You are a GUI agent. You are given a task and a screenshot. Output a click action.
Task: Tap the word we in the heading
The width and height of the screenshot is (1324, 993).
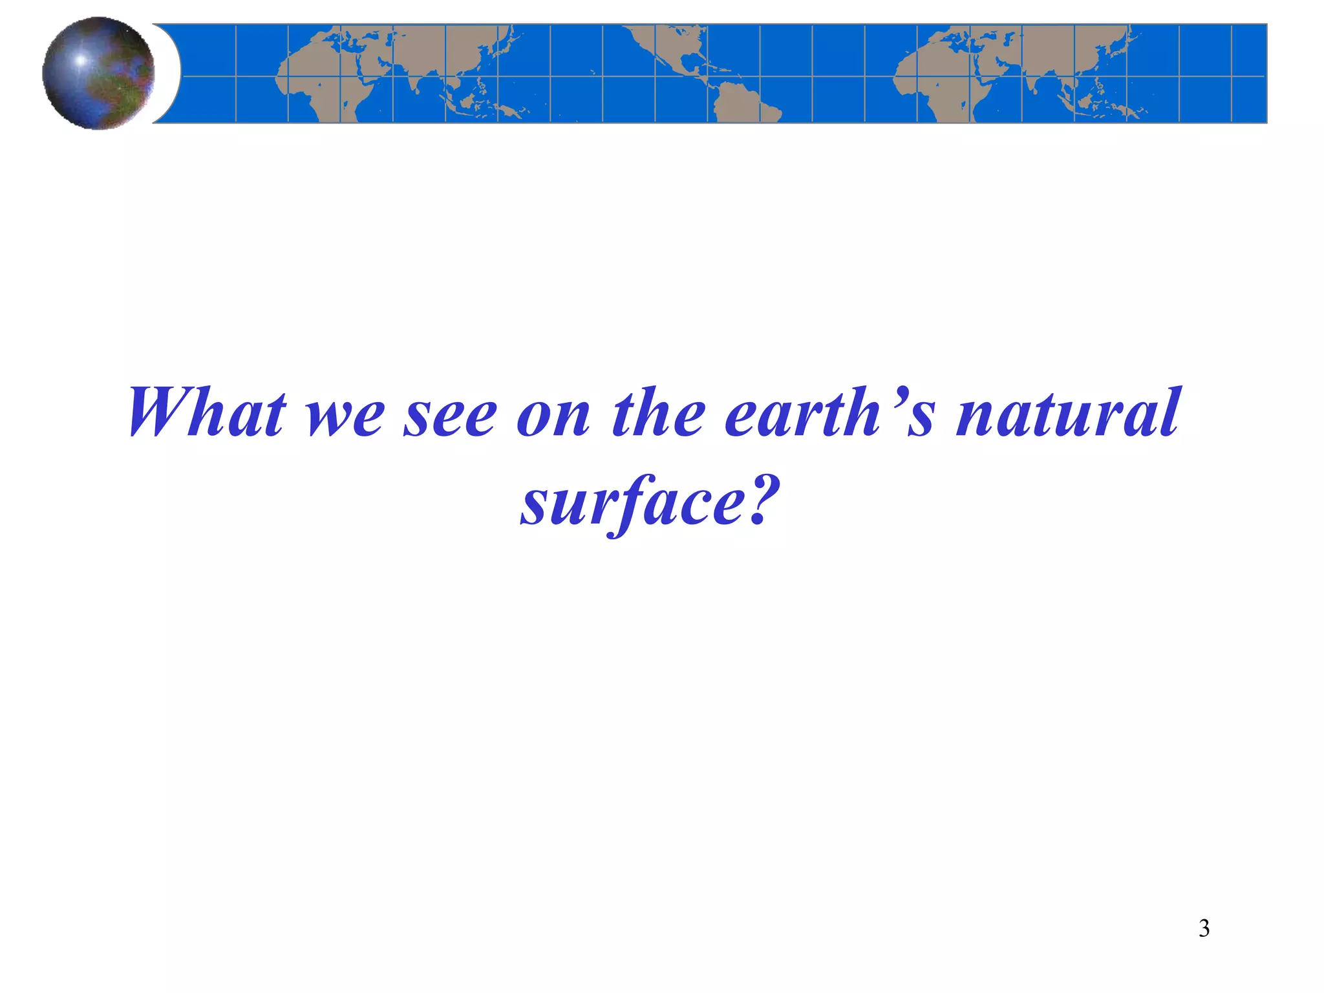click(x=346, y=417)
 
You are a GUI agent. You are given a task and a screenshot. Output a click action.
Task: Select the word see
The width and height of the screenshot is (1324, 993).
click(x=451, y=417)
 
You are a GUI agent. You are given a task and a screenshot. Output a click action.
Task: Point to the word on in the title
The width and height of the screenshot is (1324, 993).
click(x=553, y=417)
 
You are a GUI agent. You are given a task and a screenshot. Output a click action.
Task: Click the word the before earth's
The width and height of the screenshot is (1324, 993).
click(x=659, y=414)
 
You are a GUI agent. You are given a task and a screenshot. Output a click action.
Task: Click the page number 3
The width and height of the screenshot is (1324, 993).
click(x=1204, y=928)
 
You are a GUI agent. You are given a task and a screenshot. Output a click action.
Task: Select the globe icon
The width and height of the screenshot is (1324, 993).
click(x=98, y=73)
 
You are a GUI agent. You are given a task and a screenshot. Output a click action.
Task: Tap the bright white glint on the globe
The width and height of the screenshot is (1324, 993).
click(x=81, y=60)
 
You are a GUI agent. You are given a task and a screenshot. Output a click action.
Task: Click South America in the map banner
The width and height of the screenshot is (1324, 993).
click(x=743, y=103)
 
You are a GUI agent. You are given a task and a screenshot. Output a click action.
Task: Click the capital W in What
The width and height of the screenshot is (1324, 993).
click(x=162, y=414)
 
